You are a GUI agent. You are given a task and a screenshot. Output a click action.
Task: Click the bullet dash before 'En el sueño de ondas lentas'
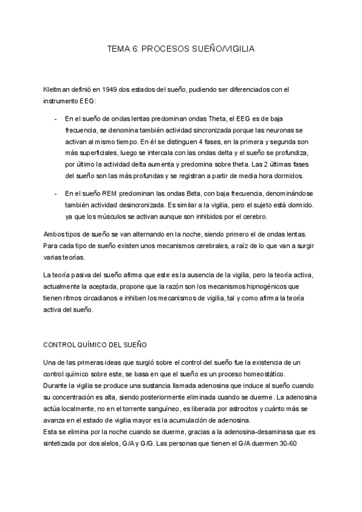tap(56, 118)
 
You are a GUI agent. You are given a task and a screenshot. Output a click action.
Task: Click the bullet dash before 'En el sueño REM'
tap(56, 193)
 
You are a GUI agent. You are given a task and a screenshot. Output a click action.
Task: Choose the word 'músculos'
tap(114, 216)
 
